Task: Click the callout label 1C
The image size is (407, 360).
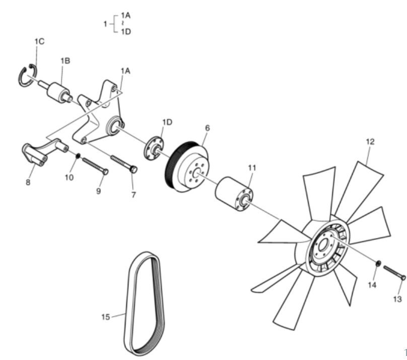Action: click(x=39, y=41)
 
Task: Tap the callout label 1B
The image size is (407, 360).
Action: click(x=65, y=61)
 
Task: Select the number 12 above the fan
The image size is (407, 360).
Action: click(x=370, y=142)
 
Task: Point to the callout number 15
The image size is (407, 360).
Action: click(x=106, y=317)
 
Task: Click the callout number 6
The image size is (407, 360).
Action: click(x=207, y=128)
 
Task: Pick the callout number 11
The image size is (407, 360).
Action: click(x=252, y=168)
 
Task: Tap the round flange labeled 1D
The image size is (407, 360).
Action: click(x=154, y=148)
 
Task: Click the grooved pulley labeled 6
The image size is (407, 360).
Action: click(x=186, y=167)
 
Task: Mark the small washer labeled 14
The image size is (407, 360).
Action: click(x=378, y=263)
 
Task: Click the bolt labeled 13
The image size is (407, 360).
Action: click(x=394, y=272)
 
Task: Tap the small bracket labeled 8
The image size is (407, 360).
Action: click(x=45, y=152)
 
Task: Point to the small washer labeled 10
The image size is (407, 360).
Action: click(x=78, y=156)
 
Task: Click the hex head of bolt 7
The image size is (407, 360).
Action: click(x=133, y=169)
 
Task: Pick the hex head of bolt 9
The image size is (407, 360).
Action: click(x=105, y=171)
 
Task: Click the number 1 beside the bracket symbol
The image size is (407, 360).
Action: click(x=105, y=24)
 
